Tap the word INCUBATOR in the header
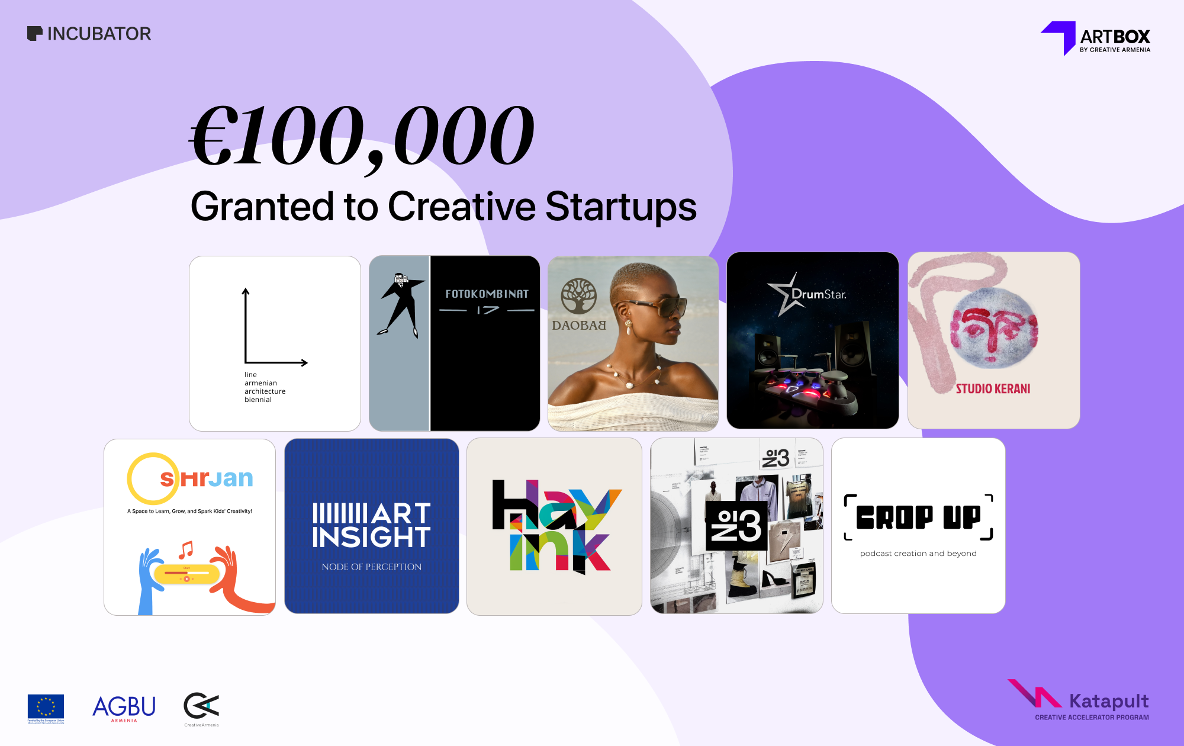99,34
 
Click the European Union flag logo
46,708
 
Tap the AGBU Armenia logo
124,708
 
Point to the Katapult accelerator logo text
1108,702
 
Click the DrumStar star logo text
818,294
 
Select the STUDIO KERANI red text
993,389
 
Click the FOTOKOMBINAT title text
487,294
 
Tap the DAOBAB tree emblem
578,296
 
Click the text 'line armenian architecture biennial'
265,387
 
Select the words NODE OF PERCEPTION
372,567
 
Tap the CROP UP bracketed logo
918,517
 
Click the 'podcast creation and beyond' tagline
918,554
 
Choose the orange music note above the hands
186,550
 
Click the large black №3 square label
736,525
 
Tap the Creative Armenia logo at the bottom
201,708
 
